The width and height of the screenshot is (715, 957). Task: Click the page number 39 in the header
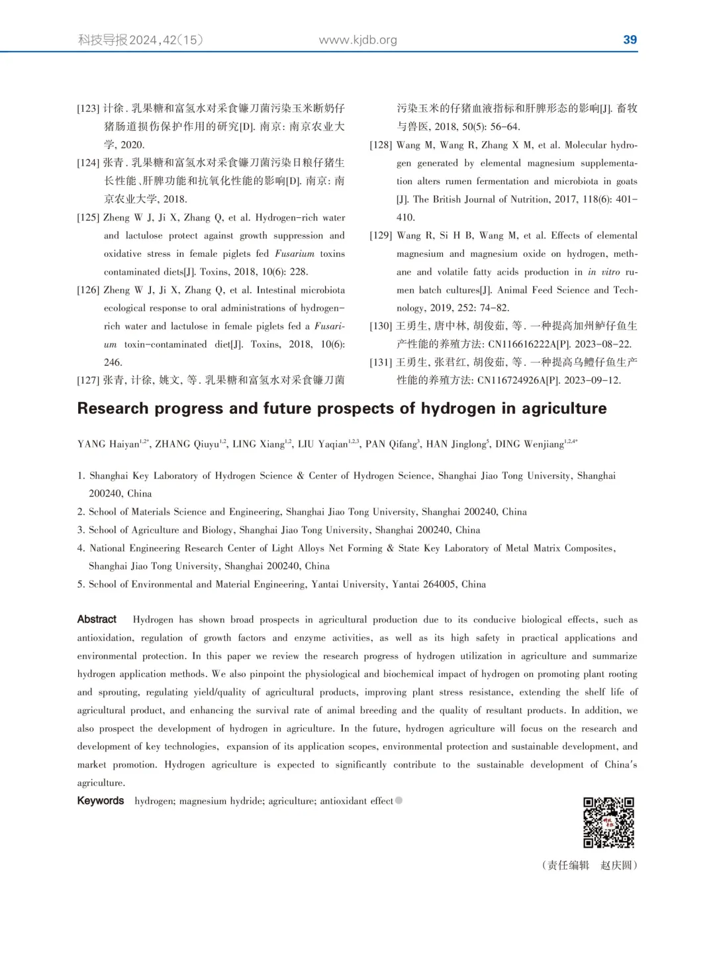point(630,40)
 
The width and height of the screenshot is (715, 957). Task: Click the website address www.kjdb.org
point(358,40)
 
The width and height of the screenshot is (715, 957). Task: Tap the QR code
point(608,823)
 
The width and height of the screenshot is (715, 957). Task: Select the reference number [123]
point(88,109)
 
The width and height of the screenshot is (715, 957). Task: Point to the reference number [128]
point(381,145)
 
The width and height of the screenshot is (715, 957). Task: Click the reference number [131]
point(381,362)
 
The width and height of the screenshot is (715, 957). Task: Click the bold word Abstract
point(97,619)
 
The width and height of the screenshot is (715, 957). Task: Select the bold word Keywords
point(100,801)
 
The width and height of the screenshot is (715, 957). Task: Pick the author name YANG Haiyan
point(108,444)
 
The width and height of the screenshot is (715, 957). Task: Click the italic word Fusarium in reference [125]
point(295,254)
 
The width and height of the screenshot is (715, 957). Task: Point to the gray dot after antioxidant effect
point(399,801)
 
